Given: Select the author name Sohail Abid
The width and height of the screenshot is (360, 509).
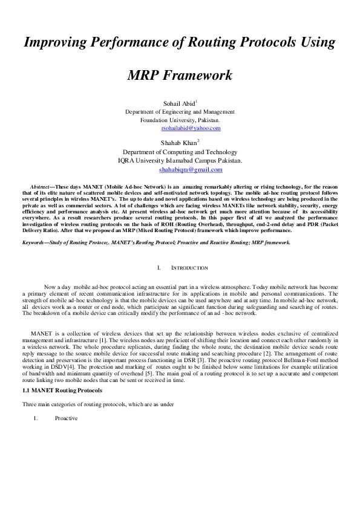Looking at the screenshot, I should (178, 103).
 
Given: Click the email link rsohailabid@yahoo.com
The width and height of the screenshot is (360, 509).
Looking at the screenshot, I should (191, 128).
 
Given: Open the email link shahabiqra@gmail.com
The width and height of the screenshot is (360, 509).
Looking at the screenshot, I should (180, 169).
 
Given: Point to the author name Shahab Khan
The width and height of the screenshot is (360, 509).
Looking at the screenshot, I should (179, 143).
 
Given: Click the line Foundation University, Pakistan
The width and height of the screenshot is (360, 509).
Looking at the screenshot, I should (180, 120).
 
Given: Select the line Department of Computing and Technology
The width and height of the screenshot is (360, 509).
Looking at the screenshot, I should (180, 152).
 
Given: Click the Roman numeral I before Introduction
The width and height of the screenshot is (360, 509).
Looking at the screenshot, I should (158, 268).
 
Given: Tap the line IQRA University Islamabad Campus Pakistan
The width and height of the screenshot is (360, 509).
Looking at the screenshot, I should (180, 161).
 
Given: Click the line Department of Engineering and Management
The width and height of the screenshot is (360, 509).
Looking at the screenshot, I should (180, 112).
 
